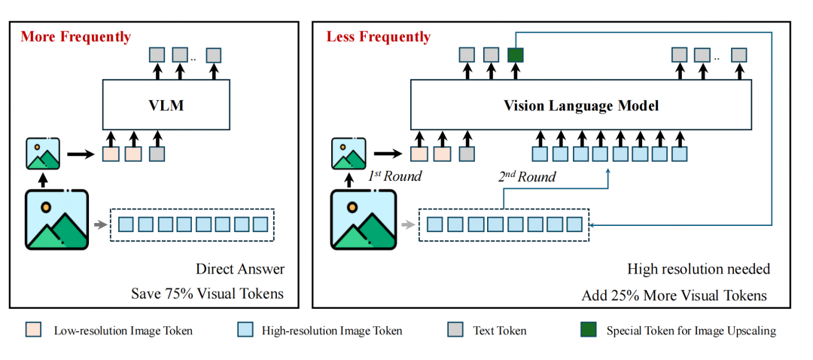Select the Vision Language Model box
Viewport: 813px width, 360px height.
click(580, 105)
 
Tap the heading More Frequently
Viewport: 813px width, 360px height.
click(75, 37)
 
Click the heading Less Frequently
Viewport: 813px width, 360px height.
click(379, 37)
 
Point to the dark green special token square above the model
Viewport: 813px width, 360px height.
click(516, 54)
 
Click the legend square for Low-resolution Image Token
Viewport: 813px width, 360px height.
click(33, 330)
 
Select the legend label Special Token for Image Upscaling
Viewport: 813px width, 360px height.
click(690, 330)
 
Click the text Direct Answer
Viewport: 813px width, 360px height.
click(240, 269)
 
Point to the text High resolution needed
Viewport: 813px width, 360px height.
click(698, 269)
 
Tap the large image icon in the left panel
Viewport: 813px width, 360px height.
click(57, 220)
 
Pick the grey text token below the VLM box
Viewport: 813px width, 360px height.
click(157, 154)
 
